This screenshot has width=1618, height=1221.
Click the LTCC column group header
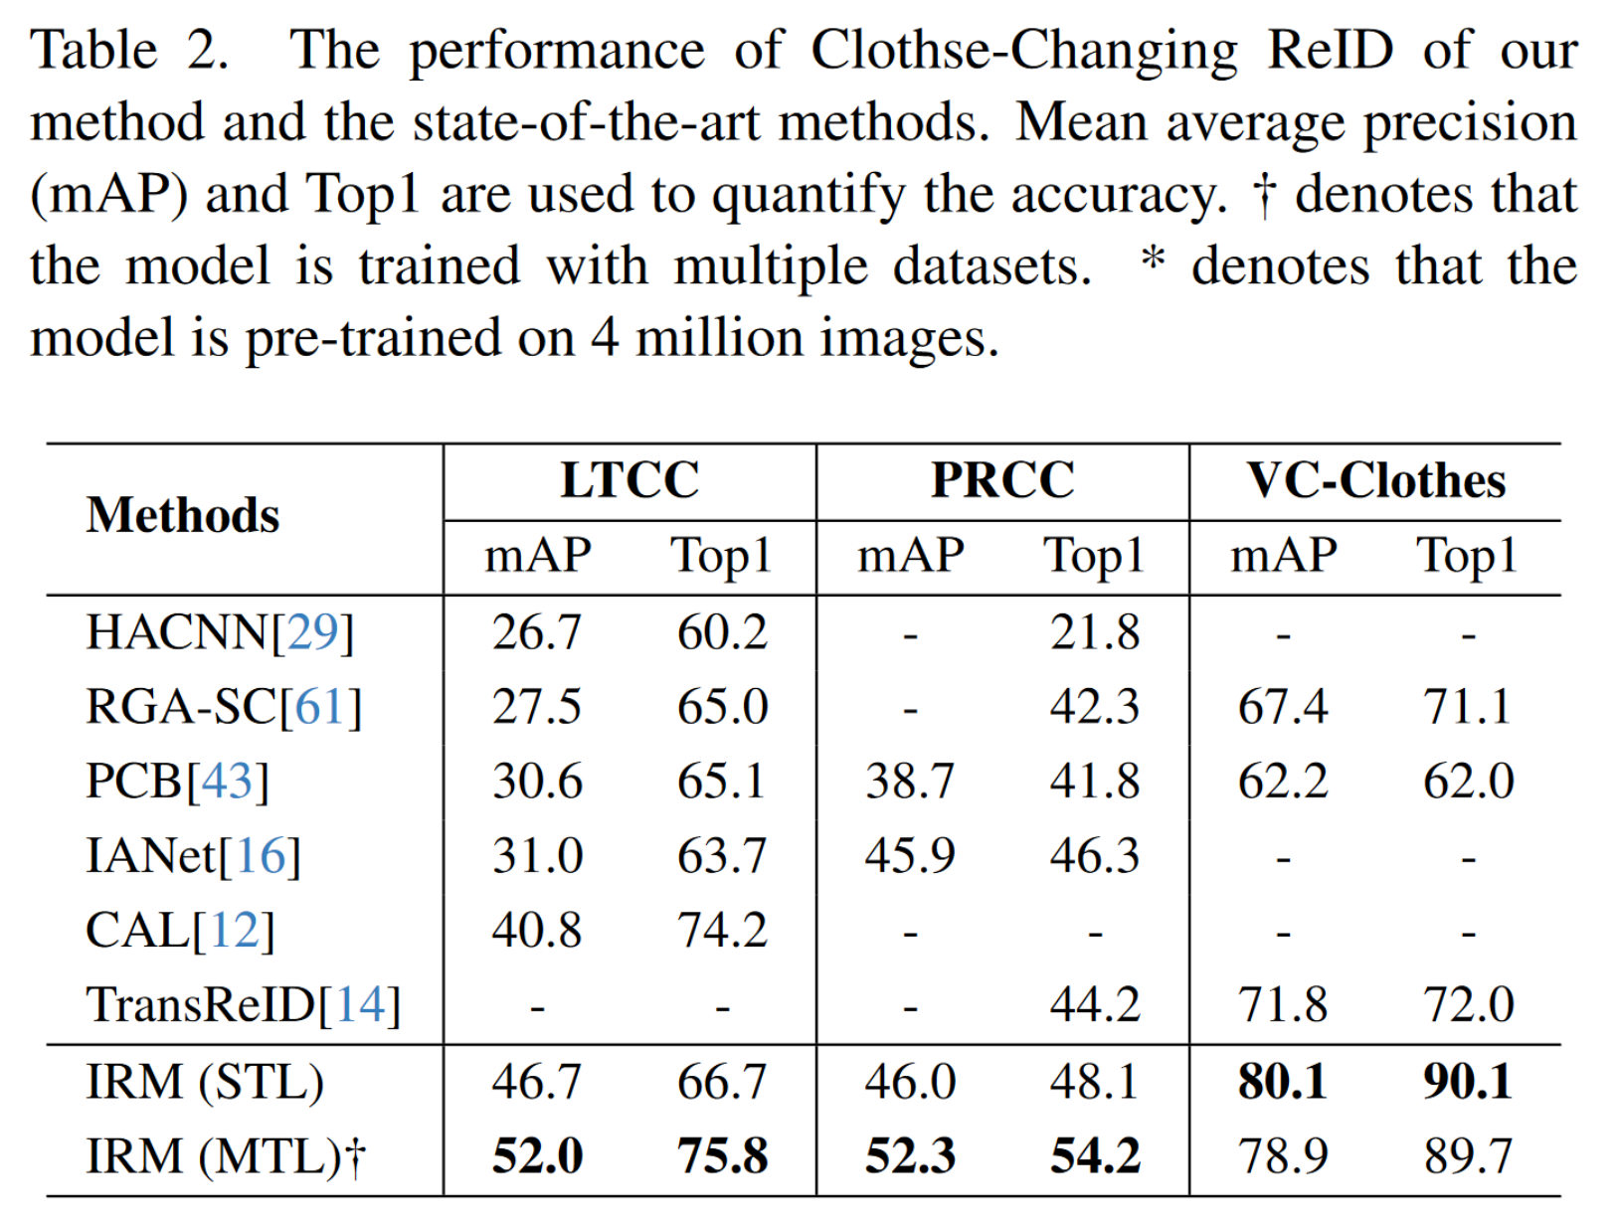point(629,480)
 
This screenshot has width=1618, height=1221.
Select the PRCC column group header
point(1002,480)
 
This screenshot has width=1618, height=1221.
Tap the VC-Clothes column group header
point(1376,480)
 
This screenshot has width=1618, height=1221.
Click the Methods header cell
point(183,516)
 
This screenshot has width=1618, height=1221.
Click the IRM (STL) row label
point(205,1082)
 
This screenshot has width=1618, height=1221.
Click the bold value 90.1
point(1468,1082)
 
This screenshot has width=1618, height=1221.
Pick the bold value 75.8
point(722,1156)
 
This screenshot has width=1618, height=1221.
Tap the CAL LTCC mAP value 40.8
point(537,931)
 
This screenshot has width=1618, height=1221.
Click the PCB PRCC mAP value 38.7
point(910,782)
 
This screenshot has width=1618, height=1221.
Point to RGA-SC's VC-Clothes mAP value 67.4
point(1283,707)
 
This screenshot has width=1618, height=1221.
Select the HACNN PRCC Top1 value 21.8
point(1095,632)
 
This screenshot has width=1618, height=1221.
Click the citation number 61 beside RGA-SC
point(320,707)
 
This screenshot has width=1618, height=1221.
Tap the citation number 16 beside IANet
point(260,856)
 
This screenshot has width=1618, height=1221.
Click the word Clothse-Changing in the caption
point(1023,50)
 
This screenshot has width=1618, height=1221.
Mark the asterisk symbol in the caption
point(1153,261)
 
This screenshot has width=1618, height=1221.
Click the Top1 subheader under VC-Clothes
point(1468,556)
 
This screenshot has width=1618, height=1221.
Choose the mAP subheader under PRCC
point(910,556)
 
